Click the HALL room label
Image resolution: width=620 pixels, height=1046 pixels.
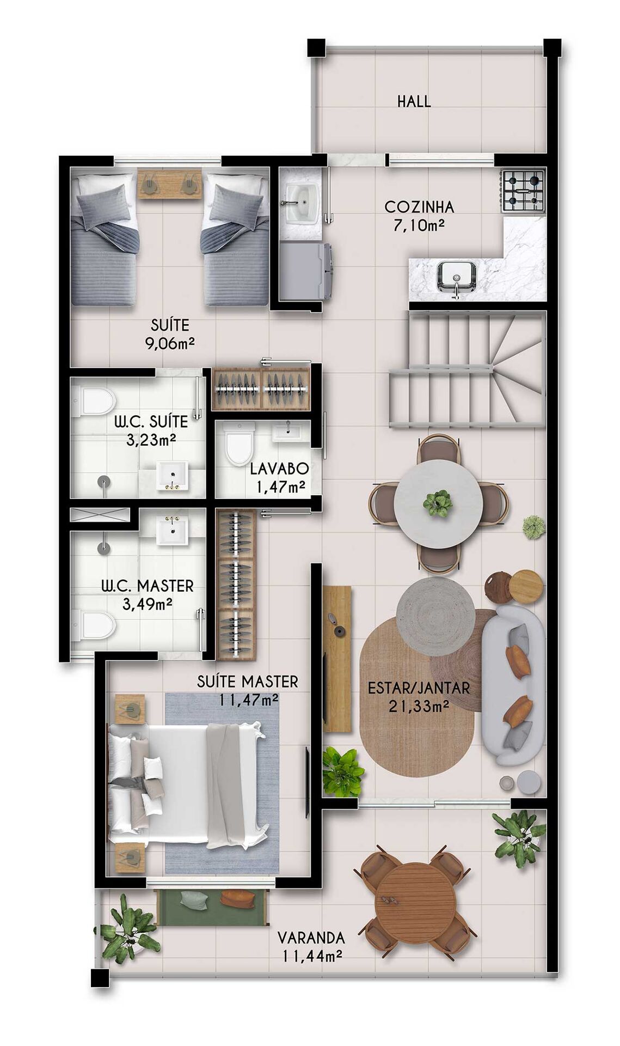414,101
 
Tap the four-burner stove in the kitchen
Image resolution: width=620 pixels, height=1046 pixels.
523,191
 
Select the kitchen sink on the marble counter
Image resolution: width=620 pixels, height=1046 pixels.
456,276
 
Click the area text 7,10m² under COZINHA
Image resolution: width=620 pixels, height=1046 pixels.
419,225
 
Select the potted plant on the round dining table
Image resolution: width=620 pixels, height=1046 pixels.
438,503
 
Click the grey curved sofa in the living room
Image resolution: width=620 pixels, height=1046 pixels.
513,686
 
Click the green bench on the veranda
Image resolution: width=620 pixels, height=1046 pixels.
212,907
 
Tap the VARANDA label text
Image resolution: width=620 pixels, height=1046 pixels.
311,938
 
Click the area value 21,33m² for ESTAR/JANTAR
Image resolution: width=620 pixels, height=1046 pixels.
419,707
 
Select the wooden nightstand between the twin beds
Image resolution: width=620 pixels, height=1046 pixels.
169,185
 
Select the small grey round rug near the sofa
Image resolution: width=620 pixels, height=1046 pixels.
435,616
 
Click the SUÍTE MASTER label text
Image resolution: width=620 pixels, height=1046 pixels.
248,681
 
